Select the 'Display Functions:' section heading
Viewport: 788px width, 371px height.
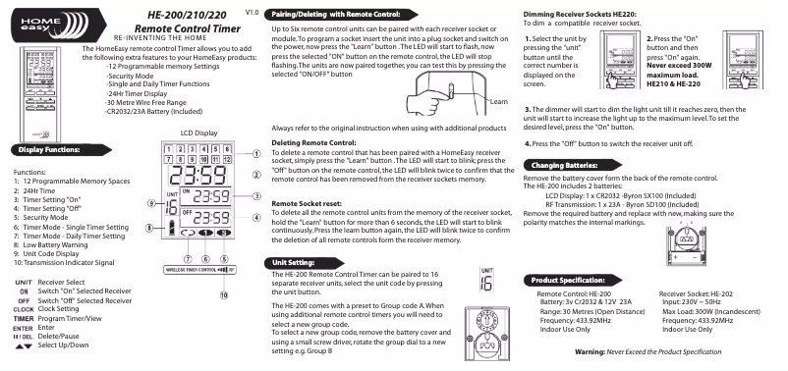(x=43, y=150)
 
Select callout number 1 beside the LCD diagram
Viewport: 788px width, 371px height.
(x=255, y=153)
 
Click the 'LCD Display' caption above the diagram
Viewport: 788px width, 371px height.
(x=198, y=132)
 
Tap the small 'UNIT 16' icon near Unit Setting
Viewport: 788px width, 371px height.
(x=485, y=279)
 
